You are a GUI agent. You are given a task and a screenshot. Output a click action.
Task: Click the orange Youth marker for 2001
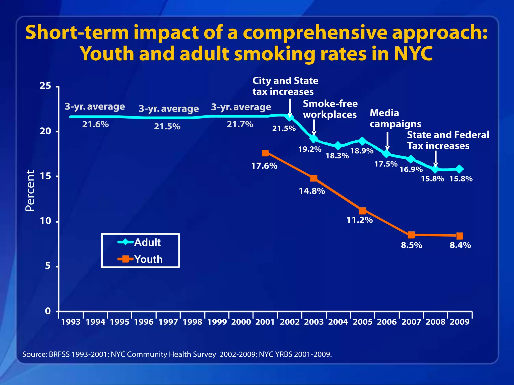(265, 153)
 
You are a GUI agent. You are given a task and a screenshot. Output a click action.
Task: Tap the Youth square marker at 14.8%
(314, 178)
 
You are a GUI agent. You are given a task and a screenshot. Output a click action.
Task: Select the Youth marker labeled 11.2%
(362, 211)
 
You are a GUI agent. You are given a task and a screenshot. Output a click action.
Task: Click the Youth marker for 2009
(460, 236)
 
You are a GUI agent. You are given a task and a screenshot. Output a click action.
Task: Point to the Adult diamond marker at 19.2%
(314, 139)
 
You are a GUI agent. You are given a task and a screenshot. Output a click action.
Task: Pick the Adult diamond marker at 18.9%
(362, 141)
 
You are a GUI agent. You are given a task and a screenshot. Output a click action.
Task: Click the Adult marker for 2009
(460, 169)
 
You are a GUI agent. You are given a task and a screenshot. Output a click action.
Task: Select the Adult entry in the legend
(140, 242)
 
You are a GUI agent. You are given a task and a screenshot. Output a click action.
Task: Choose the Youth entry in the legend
(141, 259)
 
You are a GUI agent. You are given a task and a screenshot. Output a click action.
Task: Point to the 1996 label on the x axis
(144, 322)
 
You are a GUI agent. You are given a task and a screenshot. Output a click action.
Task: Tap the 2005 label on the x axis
(362, 322)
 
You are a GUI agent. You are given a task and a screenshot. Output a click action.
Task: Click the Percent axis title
(30, 190)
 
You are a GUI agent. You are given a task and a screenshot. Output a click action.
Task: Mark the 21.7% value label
(240, 124)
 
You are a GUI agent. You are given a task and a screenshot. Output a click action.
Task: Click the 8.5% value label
(411, 245)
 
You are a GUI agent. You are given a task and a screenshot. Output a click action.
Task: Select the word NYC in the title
(413, 54)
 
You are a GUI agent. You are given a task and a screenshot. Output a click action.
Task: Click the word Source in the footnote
(34, 354)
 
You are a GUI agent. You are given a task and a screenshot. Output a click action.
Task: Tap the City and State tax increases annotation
(285, 86)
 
